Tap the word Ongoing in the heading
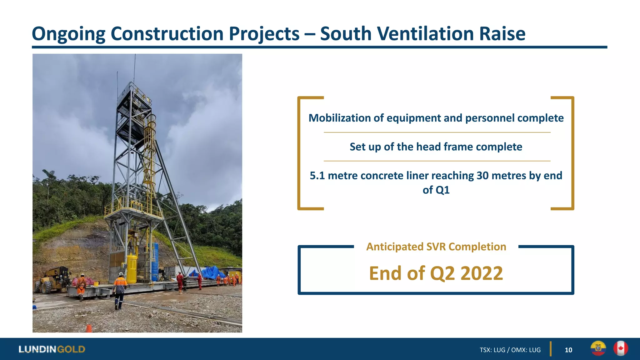(x=68, y=34)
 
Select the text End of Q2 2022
(x=436, y=273)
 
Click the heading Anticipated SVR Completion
(x=436, y=247)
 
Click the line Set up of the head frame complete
(x=436, y=147)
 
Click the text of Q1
(x=436, y=190)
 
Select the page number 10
(x=568, y=350)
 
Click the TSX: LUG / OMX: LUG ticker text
(x=510, y=350)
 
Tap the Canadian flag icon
(x=620, y=348)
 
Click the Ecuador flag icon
(x=598, y=348)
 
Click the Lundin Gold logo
(x=52, y=349)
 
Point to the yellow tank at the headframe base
(x=132, y=268)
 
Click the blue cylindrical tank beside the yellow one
(x=155, y=262)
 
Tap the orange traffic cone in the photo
(x=89, y=328)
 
